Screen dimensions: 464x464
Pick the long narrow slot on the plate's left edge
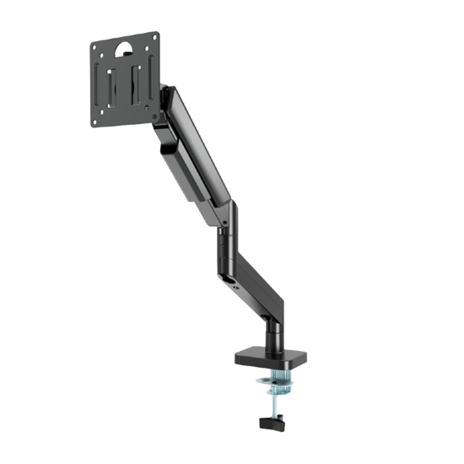100,80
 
